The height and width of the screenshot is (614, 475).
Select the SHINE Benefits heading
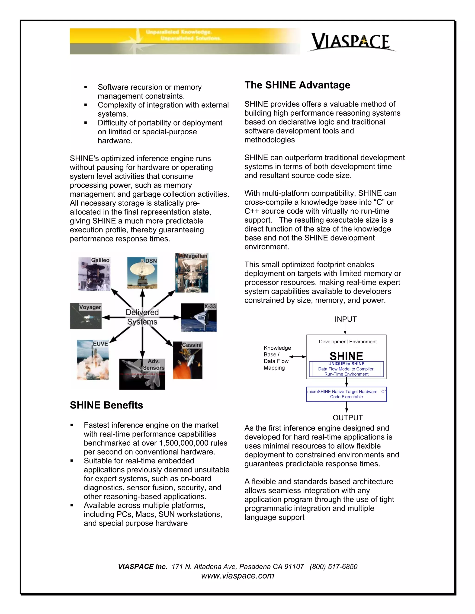point(106,405)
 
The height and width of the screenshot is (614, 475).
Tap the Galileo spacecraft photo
point(94,274)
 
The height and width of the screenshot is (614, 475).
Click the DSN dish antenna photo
point(142,272)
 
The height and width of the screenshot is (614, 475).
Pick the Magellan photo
point(192,273)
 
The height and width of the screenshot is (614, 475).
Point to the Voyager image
point(86,316)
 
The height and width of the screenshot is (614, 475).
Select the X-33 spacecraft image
point(199,317)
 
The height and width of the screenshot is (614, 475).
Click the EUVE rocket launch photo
point(93,360)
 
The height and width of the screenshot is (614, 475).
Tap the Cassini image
point(187,360)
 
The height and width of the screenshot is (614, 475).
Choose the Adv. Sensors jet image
point(142,374)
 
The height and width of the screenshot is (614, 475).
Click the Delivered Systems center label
point(142,317)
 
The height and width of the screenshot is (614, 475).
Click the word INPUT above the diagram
point(346,319)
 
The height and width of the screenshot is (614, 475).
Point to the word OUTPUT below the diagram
point(347,418)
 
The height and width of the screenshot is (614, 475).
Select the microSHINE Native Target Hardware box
point(347,394)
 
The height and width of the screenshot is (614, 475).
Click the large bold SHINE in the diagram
point(346,356)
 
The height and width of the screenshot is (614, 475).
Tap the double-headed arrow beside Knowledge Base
point(297,357)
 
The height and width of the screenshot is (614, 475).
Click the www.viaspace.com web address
point(237,576)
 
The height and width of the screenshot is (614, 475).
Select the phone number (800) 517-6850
point(334,567)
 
